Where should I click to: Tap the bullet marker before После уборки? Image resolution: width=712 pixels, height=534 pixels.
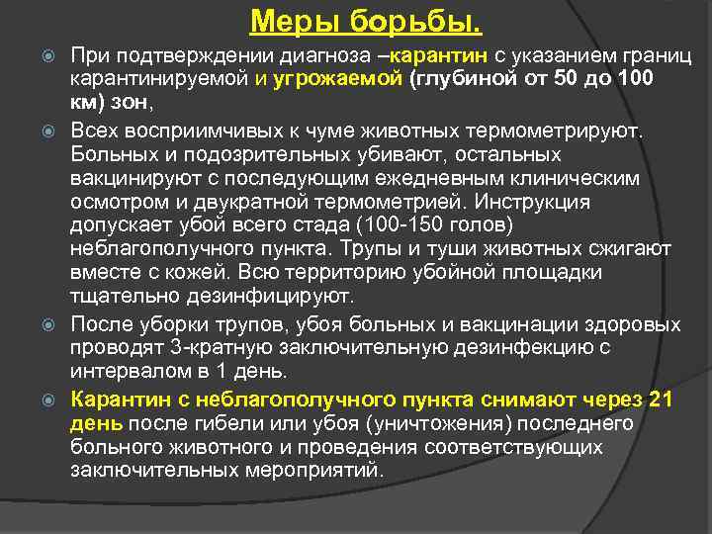coord(54,324)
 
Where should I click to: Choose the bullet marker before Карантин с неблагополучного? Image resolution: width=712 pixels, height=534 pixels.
coord(54,400)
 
